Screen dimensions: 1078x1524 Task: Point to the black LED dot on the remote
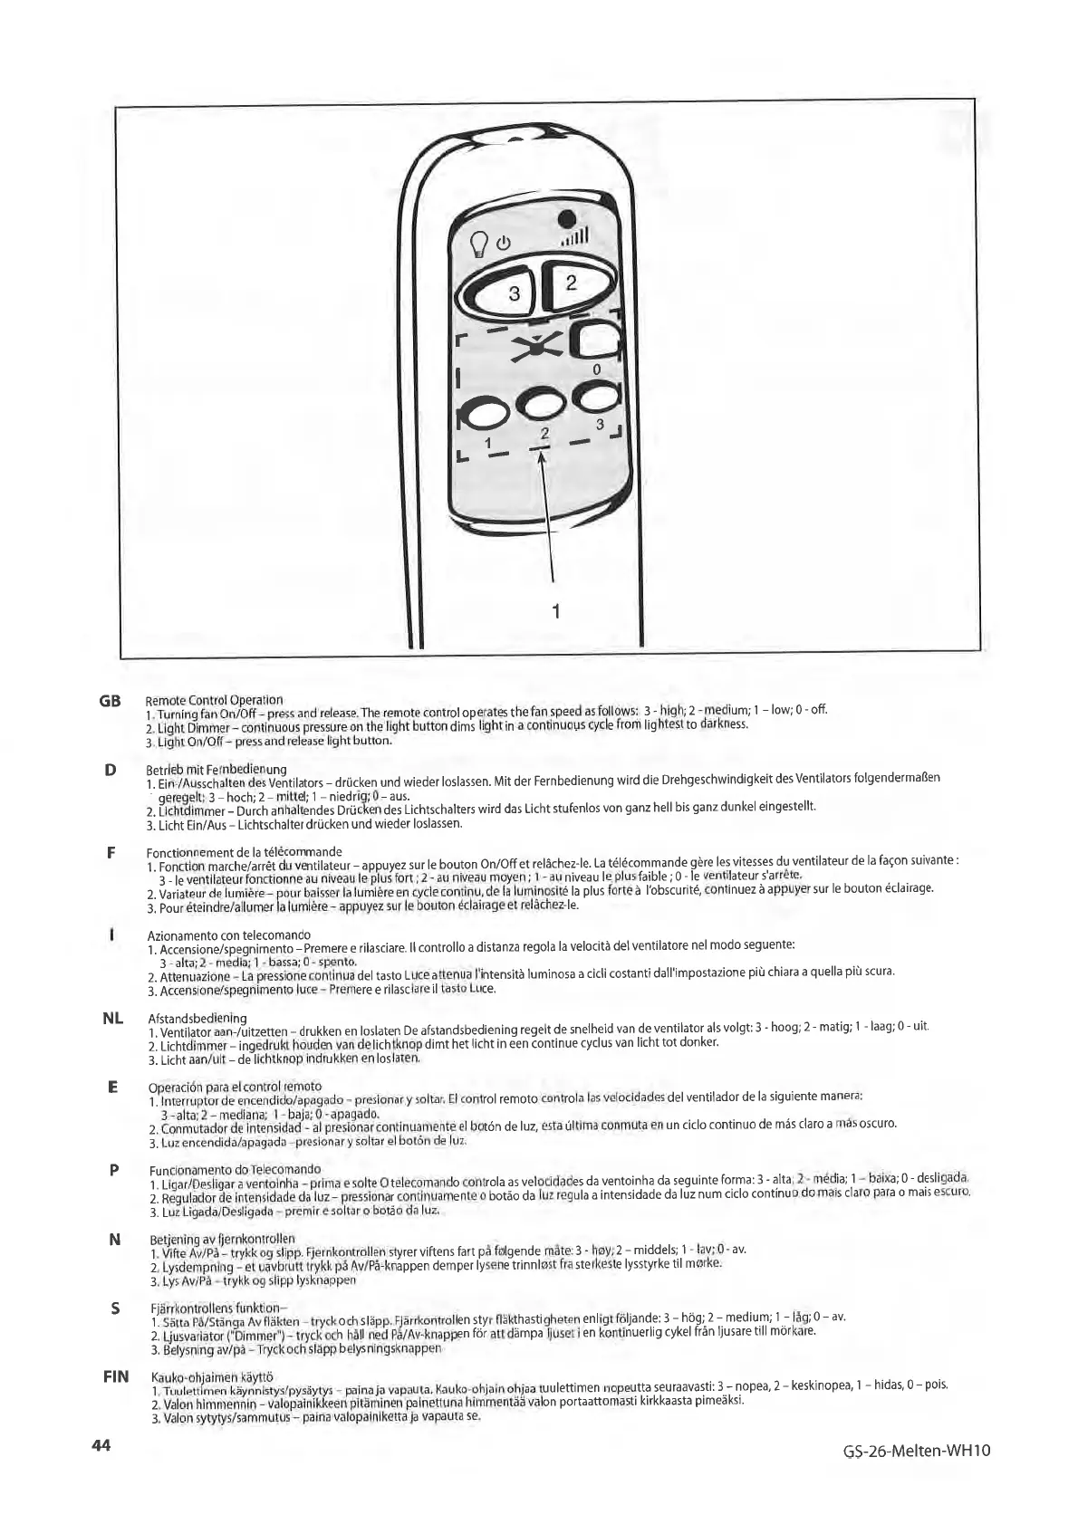click(x=566, y=218)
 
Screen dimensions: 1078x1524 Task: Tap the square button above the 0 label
click(x=598, y=342)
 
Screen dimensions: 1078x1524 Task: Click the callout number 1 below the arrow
click(x=555, y=611)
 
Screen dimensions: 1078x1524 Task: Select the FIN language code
click(x=115, y=1376)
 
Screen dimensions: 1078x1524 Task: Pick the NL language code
click(x=112, y=1019)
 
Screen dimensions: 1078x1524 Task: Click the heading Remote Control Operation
click(x=215, y=700)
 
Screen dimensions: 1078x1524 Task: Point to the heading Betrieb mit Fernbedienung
click(x=216, y=770)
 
